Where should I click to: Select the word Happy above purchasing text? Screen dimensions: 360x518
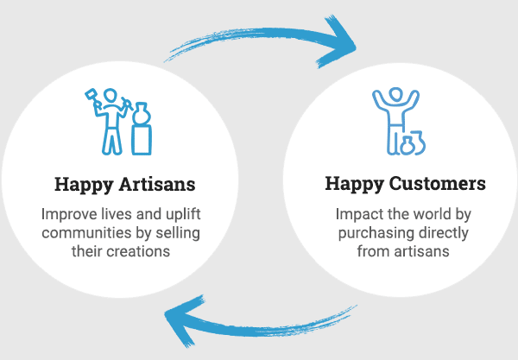click(x=351, y=185)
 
